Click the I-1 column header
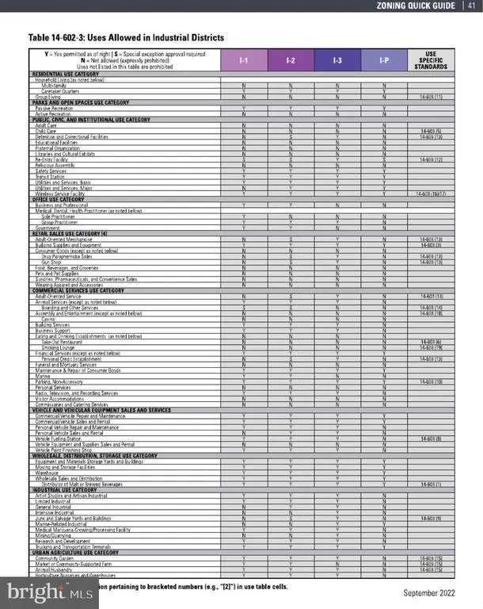point(245,60)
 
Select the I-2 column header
point(291,60)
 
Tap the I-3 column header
point(337,60)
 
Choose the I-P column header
point(384,60)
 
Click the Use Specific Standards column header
point(431,60)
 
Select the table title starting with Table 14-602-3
point(127,37)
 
